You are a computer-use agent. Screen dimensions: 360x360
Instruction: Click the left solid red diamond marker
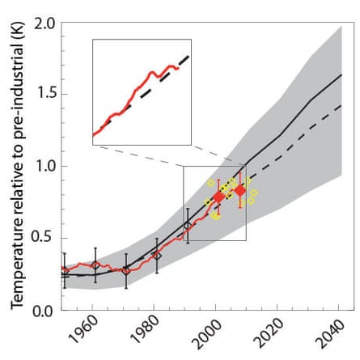pyautogui.click(x=218, y=197)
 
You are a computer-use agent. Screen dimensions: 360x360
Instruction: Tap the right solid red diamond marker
pyautogui.click(x=239, y=190)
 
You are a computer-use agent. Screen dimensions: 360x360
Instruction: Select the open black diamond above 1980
pyautogui.click(x=157, y=256)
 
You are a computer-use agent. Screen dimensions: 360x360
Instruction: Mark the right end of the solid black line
pyautogui.click(x=341, y=74)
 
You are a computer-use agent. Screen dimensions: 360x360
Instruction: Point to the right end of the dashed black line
pyautogui.click(x=341, y=105)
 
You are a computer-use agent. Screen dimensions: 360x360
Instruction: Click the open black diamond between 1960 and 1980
pyautogui.click(x=125, y=271)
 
